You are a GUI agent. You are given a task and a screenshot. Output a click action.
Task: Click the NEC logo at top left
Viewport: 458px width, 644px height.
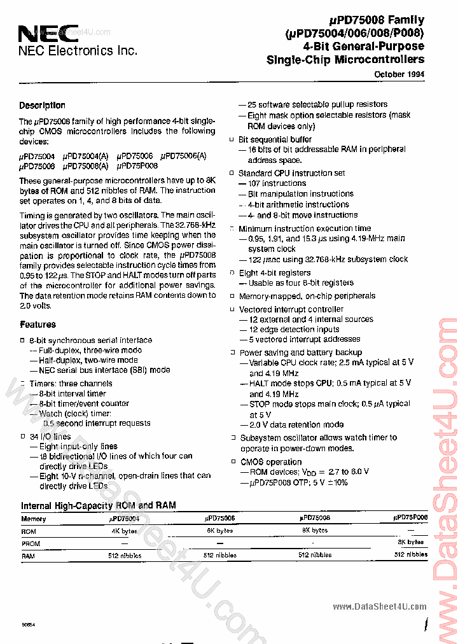(x=39, y=33)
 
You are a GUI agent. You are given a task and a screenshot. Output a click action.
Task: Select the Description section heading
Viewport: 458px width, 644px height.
(x=42, y=106)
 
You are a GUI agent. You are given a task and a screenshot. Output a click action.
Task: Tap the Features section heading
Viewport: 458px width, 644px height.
(x=38, y=325)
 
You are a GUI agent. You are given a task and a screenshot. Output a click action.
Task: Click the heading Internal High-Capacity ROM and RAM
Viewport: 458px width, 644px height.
(x=99, y=506)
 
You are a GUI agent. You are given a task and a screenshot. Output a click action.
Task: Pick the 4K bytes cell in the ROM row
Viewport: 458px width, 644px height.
(x=124, y=530)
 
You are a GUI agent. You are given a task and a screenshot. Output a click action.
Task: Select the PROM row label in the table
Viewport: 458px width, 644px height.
(x=31, y=543)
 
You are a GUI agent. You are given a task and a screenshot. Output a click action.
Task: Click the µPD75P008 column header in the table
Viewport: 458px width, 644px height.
(x=410, y=518)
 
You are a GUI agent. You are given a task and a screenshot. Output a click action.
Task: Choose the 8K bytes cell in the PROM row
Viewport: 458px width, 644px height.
(x=410, y=542)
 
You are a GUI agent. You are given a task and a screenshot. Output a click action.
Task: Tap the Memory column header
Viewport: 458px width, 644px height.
(x=33, y=519)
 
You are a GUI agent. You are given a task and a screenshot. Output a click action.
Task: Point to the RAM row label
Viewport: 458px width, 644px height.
(x=29, y=555)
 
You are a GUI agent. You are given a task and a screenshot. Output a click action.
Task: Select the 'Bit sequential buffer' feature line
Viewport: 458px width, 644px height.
(x=275, y=139)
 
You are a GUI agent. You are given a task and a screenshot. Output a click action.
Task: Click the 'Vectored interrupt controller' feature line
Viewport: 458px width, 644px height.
(x=291, y=309)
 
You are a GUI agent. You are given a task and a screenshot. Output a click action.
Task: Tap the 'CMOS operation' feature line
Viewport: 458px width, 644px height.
(x=270, y=462)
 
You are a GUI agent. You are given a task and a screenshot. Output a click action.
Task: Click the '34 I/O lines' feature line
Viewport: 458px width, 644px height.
(x=50, y=437)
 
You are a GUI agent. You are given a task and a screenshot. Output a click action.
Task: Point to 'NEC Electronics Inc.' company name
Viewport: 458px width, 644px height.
(x=77, y=51)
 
